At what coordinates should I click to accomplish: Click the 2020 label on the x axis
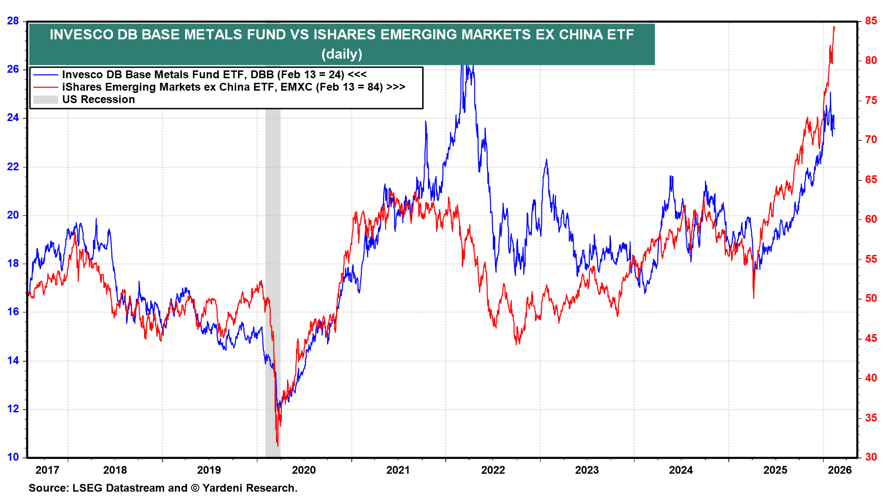(304, 470)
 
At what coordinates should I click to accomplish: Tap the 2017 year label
(47, 470)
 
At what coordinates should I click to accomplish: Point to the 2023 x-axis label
(587, 470)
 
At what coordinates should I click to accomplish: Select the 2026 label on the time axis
(840, 470)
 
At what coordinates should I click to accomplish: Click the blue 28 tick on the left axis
(13, 21)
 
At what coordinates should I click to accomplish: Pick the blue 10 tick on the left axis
(13, 457)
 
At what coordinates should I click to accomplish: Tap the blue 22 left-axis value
(13, 167)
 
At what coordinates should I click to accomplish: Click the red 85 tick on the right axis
(871, 21)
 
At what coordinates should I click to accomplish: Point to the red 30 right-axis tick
(871, 457)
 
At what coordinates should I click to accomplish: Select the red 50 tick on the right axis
(871, 298)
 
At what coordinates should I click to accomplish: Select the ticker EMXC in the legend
(297, 87)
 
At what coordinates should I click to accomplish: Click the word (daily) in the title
(342, 54)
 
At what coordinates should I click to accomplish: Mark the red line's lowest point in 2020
(278, 445)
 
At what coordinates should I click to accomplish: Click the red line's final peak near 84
(834, 27)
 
